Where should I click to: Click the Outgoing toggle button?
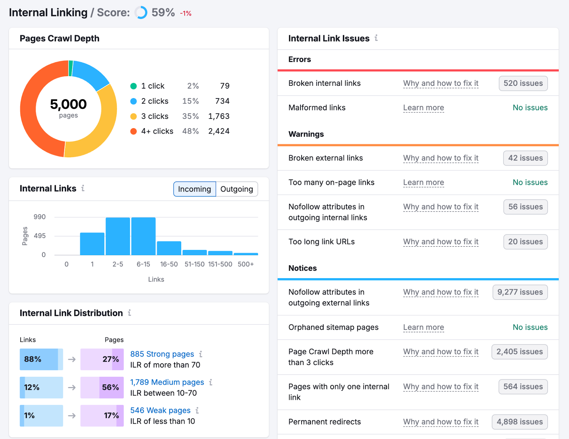pyautogui.click(x=236, y=189)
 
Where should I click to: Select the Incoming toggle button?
pyautogui.click(x=195, y=189)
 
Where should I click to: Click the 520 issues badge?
pyautogui.click(x=523, y=83)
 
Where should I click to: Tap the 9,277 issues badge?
pyautogui.click(x=520, y=292)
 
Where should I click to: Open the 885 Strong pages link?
pyautogui.click(x=162, y=354)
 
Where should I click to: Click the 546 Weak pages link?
pyautogui.click(x=160, y=410)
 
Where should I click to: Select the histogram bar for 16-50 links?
pyautogui.click(x=169, y=248)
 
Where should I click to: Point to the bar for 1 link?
pyautogui.click(x=92, y=244)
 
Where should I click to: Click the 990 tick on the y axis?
pyautogui.click(x=39, y=217)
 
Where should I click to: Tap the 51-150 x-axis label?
pyautogui.click(x=195, y=264)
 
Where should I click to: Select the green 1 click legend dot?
pyautogui.click(x=134, y=86)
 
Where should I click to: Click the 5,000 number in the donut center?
pyautogui.click(x=68, y=104)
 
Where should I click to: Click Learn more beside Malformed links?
pyautogui.click(x=423, y=108)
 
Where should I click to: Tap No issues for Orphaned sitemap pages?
pyautogui.click(x=530, y=327)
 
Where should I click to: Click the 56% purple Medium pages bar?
pyautogui.click(x=102, y=387)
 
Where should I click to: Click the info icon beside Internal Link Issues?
pyautogui.click(x=376, y=38)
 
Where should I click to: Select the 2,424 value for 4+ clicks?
pyautogui.click(x=219, y=131)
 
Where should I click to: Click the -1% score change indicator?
pyautogui.click(x=186, y=14)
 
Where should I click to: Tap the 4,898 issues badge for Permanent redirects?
pyautogui.click(x=519, y=422)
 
